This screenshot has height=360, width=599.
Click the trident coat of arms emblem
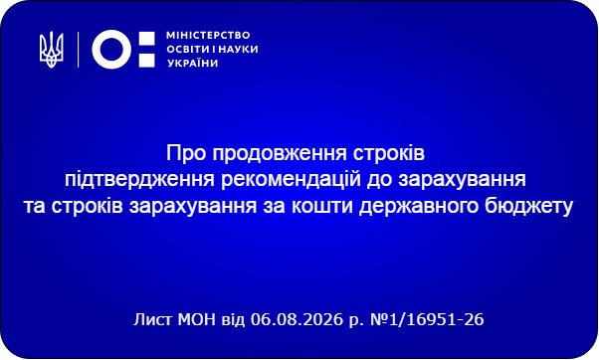tap(52, 50)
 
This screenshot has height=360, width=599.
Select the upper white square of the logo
tap(146, 38)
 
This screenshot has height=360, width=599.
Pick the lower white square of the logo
tap(146, 61)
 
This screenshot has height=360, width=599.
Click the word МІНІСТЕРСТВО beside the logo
tap(208, 36)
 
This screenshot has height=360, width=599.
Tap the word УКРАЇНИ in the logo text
tap(193, 63)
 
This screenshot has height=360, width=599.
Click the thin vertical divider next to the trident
tap(78, 50)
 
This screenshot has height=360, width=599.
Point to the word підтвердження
tap(140, 180)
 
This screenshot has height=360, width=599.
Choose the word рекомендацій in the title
tap(292, 180)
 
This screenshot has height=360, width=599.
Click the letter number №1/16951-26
tap(428, 319)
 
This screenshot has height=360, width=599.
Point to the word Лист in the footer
tap(153, 319)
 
